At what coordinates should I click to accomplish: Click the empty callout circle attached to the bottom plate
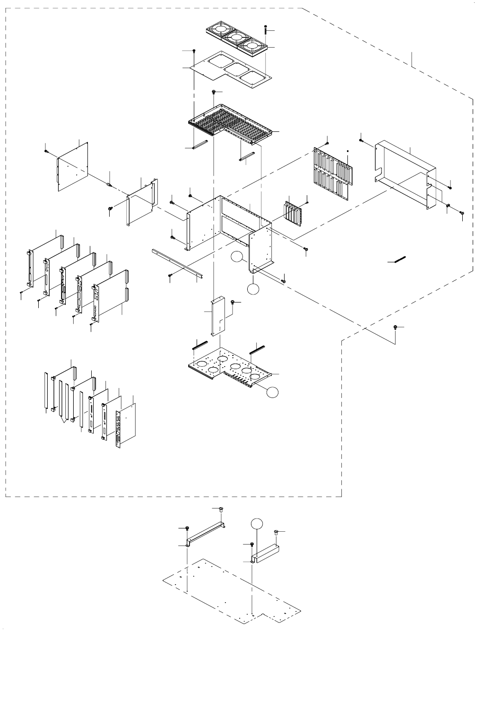[272, 392]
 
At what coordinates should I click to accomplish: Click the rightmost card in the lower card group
[126, 423]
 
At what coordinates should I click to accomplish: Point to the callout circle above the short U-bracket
[256, 524]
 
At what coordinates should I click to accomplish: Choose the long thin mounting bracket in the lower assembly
[207, 534]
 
